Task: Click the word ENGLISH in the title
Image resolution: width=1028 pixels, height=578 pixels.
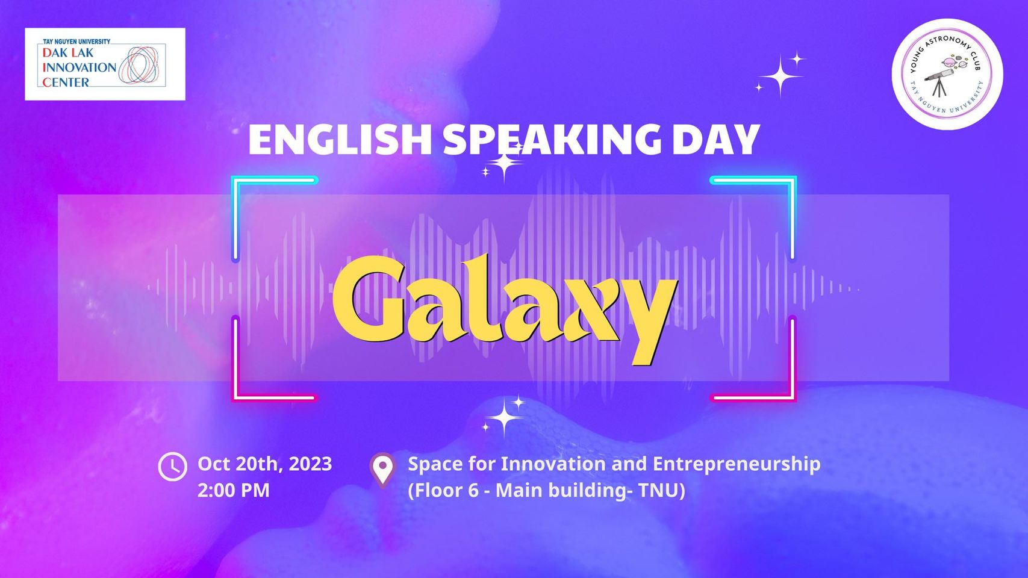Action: click(x=340, y=140)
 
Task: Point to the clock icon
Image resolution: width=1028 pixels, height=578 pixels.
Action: click(x=173, y=467)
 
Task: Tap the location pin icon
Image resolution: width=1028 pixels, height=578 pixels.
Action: click(x=383, y=469)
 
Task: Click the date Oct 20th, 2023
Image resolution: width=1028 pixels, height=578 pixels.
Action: click(x=265, y=464)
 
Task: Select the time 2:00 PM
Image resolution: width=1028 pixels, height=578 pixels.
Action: click(x=234, y=490)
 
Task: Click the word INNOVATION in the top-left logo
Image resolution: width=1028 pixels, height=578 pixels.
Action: click(x=79, y=67)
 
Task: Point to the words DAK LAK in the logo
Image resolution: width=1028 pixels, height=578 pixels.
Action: click(x=68, y=52)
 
